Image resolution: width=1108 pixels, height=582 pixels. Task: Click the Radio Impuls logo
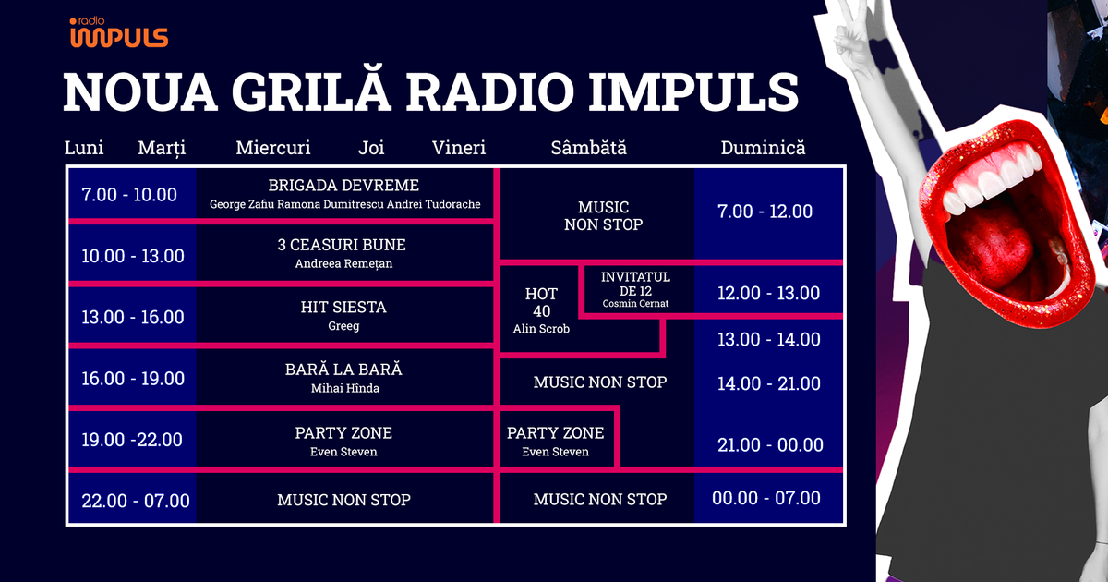(x=118, y=33)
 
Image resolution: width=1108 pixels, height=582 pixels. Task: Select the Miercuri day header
(x=273, y=148)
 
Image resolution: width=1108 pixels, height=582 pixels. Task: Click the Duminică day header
(x=763, y=148)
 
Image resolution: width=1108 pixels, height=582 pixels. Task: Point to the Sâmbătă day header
(x=588, y=148)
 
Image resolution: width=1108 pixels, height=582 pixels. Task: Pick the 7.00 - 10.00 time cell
(x=129, y=195)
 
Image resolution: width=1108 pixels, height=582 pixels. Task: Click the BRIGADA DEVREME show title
(x=343, y=186)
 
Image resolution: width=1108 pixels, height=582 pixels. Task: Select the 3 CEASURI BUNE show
(x=342, y=245)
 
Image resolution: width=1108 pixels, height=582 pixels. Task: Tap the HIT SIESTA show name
(x=343, y=306)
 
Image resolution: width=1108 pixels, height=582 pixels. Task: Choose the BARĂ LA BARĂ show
(x=343, y=370)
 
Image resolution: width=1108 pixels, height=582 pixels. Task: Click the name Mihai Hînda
(x=343, y=389)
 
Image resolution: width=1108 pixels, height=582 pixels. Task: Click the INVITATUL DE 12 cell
(x=635, y=289)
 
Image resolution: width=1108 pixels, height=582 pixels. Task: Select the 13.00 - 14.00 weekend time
(x=768, y=339)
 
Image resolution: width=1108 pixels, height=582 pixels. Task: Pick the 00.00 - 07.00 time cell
(x=765, y=499)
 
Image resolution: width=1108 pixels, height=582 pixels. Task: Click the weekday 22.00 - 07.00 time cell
(x=135, y=501)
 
